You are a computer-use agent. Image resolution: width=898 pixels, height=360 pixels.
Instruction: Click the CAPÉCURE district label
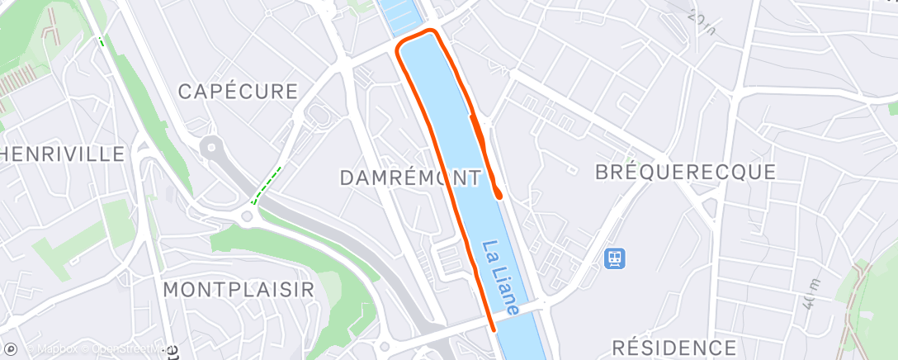pyautogui.click(x=237, y=91)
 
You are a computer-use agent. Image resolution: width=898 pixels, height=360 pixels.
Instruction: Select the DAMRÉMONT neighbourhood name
pyautogui.click(x=410, y=178)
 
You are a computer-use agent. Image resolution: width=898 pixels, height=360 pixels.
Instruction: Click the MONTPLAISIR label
pyautogui.click(x=239, y=290)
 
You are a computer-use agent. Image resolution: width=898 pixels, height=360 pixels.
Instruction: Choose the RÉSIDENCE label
pyautogui.click(x=674, y=347)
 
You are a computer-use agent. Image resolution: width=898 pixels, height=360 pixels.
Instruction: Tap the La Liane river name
pyautogui.click(x=500, y=277)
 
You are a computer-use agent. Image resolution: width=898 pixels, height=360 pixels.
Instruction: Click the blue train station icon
pyautogui.click(x=614, y=258)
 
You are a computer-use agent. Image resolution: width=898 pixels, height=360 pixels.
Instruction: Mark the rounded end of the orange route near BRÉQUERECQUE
pyautogui.click(x=499, y=194)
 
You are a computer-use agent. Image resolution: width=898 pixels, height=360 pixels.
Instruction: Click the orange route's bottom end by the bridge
pyautogui.click(x=493, y=328)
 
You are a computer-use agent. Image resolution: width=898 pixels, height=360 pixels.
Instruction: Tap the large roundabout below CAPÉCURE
pyautogui.click(x=212, y=149)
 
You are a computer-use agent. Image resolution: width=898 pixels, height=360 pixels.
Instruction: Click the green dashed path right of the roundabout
pyautogui.click(x=267, y=185)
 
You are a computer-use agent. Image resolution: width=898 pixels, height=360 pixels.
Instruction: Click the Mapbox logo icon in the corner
pyautogui.click(x=11, y=349)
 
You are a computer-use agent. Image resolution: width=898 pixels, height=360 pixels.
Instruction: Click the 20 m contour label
pyautogui.click(x=702, y=21)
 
